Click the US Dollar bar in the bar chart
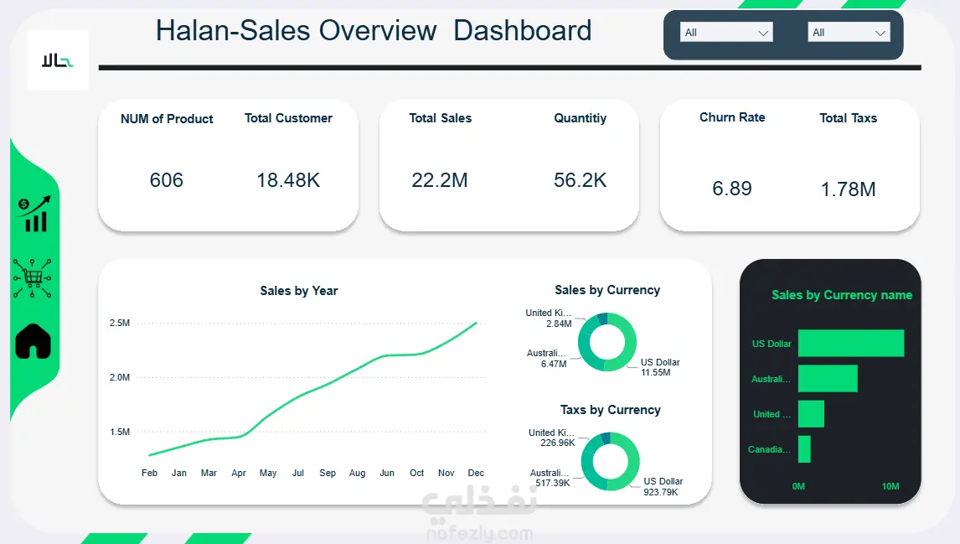[850, 344]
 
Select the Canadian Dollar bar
[804, 449]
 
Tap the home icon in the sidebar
[34, 341]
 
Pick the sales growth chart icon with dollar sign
[34, 215]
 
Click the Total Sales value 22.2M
[440, 180]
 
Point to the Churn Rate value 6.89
[732, 189]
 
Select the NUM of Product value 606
[166, 180]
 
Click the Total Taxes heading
[848, 118]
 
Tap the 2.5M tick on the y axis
[119, 324]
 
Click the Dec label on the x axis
[476, 474]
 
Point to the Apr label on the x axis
[239, 474]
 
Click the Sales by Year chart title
[299, 291]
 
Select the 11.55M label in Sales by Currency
[655, 372]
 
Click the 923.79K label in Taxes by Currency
[660, 492]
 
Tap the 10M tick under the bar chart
[890, 487]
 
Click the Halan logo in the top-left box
[58, 60]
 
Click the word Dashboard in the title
[523, 31]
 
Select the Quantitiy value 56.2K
[580, 180]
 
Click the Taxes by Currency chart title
[610, 410]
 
